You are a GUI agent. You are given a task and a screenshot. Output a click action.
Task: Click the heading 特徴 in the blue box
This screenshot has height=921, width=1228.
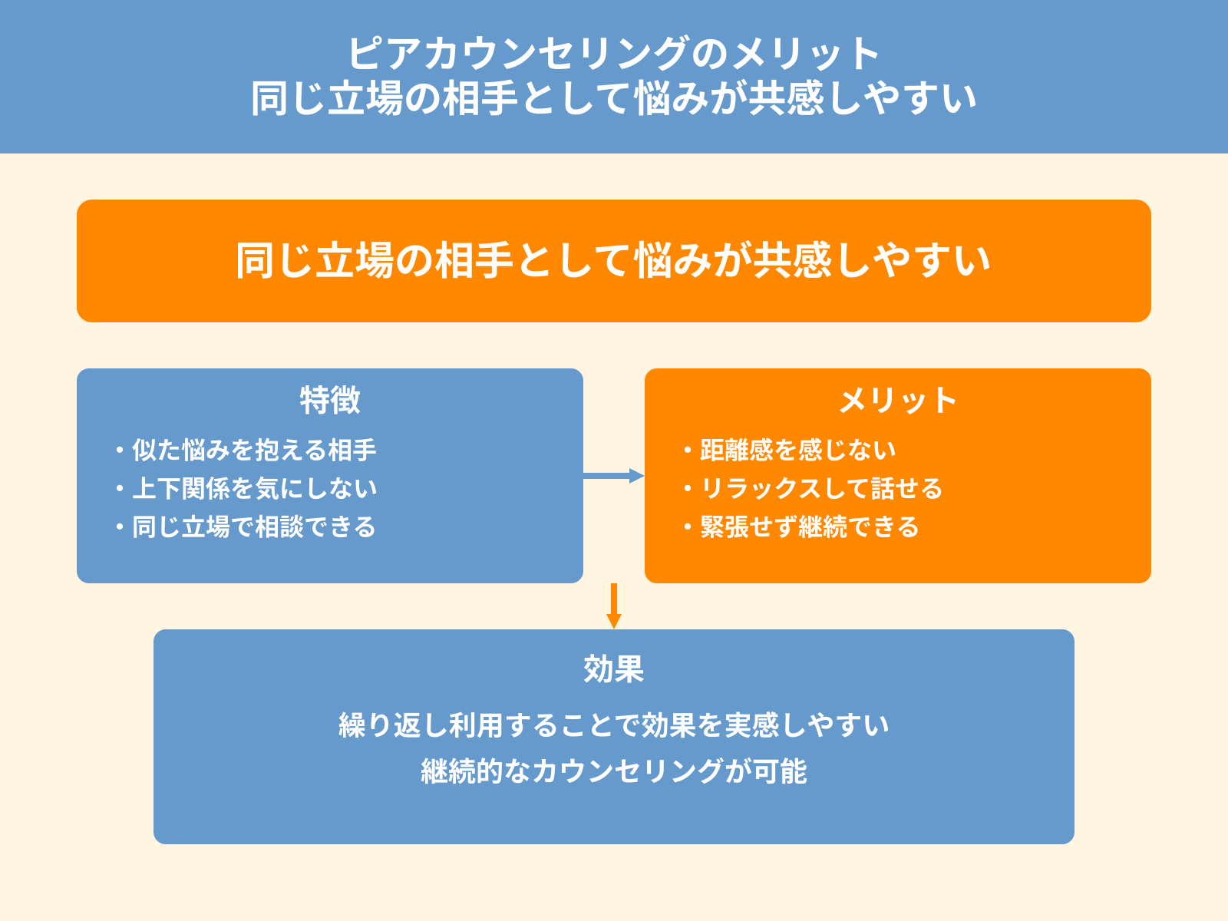(330, 400)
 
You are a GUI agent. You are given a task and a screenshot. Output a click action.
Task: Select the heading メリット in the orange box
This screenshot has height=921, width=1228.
(897, 400)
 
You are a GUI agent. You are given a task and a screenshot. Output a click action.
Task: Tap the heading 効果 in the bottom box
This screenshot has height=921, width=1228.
(613, 668)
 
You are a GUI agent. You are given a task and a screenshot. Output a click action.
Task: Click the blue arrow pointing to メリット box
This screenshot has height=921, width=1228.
(614, 476)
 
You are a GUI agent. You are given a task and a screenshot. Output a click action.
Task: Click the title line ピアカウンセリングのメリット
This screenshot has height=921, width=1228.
(613, 54)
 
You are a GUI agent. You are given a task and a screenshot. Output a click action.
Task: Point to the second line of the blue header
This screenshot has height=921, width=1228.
(613, 98)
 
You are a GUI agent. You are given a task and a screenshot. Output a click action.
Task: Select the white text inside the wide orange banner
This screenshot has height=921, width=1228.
(613, 260)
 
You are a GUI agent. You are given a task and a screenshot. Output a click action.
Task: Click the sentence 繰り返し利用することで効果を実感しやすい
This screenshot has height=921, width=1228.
(613, 725)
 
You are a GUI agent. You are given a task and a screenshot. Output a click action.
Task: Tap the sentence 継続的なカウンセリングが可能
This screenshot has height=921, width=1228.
(613, 771)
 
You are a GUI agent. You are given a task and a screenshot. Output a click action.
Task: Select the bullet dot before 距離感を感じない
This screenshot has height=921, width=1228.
(688, 451)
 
